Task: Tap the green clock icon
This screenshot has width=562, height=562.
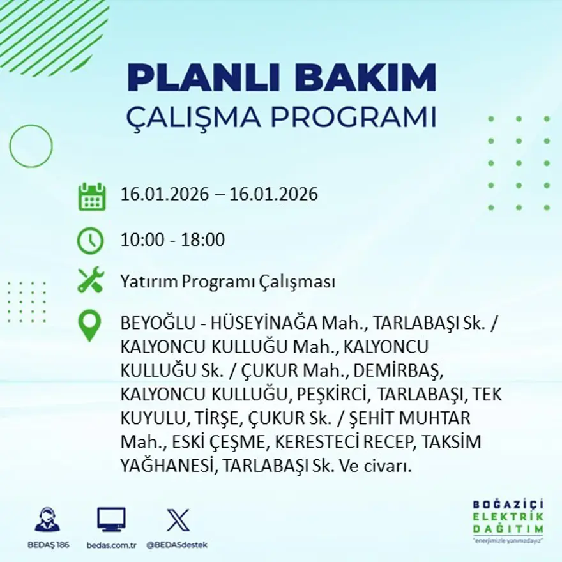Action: click(90, 241)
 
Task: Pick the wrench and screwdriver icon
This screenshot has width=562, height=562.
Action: click(90, 280)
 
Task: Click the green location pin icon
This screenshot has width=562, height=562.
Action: click(89, 325)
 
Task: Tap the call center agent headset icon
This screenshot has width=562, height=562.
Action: click(47, 520)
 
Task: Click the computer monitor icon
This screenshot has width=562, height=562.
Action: click(111, 520)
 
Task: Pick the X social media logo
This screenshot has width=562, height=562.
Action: click(178, 520)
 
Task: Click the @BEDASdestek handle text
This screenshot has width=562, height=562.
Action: click(177, 545)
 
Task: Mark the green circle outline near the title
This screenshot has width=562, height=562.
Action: click(31, 146)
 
